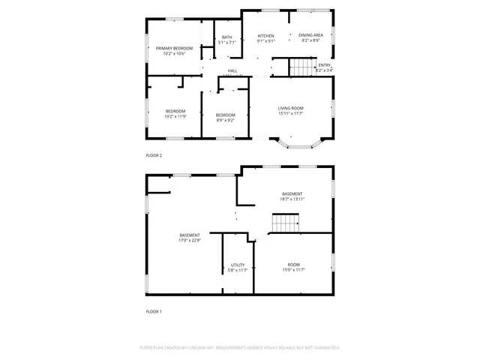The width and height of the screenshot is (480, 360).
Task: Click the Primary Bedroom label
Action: pos(175,48)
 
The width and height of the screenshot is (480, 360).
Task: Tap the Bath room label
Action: pos(226,37)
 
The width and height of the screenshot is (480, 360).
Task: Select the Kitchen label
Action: pos(266,36)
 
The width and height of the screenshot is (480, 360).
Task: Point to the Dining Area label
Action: pos(310,35)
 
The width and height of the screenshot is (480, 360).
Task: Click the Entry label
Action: pos(324,65)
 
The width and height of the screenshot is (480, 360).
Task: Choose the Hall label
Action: pos(232,71)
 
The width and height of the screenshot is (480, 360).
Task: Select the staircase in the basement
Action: pos(285,223)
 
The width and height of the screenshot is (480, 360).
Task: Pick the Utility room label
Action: pos(238,265)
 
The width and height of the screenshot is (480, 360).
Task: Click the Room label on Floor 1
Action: pos(293,265)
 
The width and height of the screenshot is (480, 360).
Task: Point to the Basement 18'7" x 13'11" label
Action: pos(292,193)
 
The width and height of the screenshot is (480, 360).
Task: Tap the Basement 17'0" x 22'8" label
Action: pos(189,235)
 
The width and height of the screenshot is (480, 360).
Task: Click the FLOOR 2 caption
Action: pos(154,155)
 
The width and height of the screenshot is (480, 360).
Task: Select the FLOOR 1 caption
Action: pos(154,311)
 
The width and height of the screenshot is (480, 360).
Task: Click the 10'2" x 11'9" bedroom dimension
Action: pos(175,116)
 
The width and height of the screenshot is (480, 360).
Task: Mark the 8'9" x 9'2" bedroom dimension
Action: pos(225,120)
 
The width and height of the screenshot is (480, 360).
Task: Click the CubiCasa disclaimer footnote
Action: pos(240,348)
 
